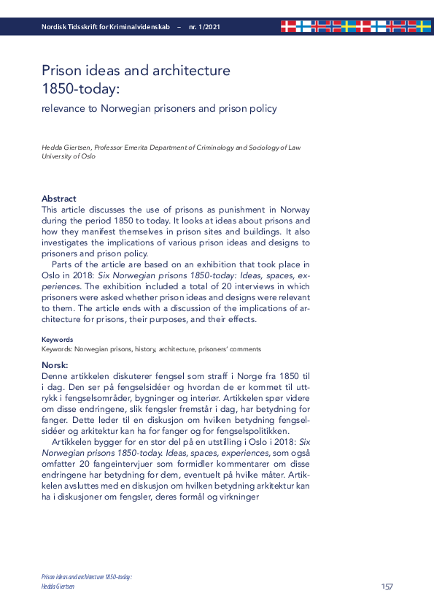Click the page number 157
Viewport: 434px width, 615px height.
click(388, 587)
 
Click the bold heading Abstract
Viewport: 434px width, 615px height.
click(59, 199)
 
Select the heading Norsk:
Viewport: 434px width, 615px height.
click(55, 364)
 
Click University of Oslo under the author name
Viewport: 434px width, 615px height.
click(69, 156)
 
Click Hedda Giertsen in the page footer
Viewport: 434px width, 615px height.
click(58, 586)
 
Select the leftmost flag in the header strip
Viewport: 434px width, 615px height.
click(289, 27)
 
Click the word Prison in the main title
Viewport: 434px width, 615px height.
click(62, 71)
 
